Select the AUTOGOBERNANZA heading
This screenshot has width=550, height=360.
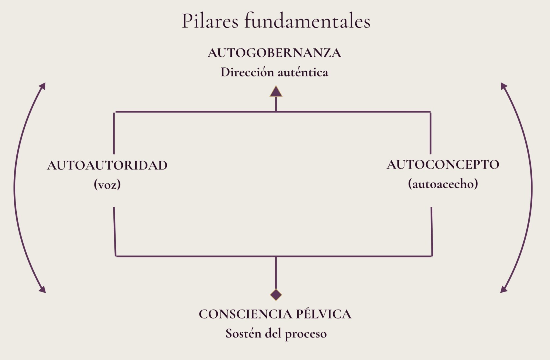(x=274, y=53)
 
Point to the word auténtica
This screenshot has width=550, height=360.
(x=303, y=72)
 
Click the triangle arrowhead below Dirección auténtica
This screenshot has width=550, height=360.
(x=276, y=92)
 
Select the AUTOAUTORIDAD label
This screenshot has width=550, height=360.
(x=107, y=165)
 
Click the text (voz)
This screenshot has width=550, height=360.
(x=107, y=185)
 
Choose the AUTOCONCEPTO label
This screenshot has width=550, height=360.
(x=443, y=164)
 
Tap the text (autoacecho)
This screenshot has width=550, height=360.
(x=443, y=184)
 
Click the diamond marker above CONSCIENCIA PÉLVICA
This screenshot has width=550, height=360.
(x=276, y=295)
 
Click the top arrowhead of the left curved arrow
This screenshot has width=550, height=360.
(x=43, y=86)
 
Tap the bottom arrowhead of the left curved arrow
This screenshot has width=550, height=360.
(x=43, y=290)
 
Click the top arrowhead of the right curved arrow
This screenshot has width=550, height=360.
(x=504, y=86)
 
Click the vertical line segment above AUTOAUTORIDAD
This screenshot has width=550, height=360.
(x=114, y=133)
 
